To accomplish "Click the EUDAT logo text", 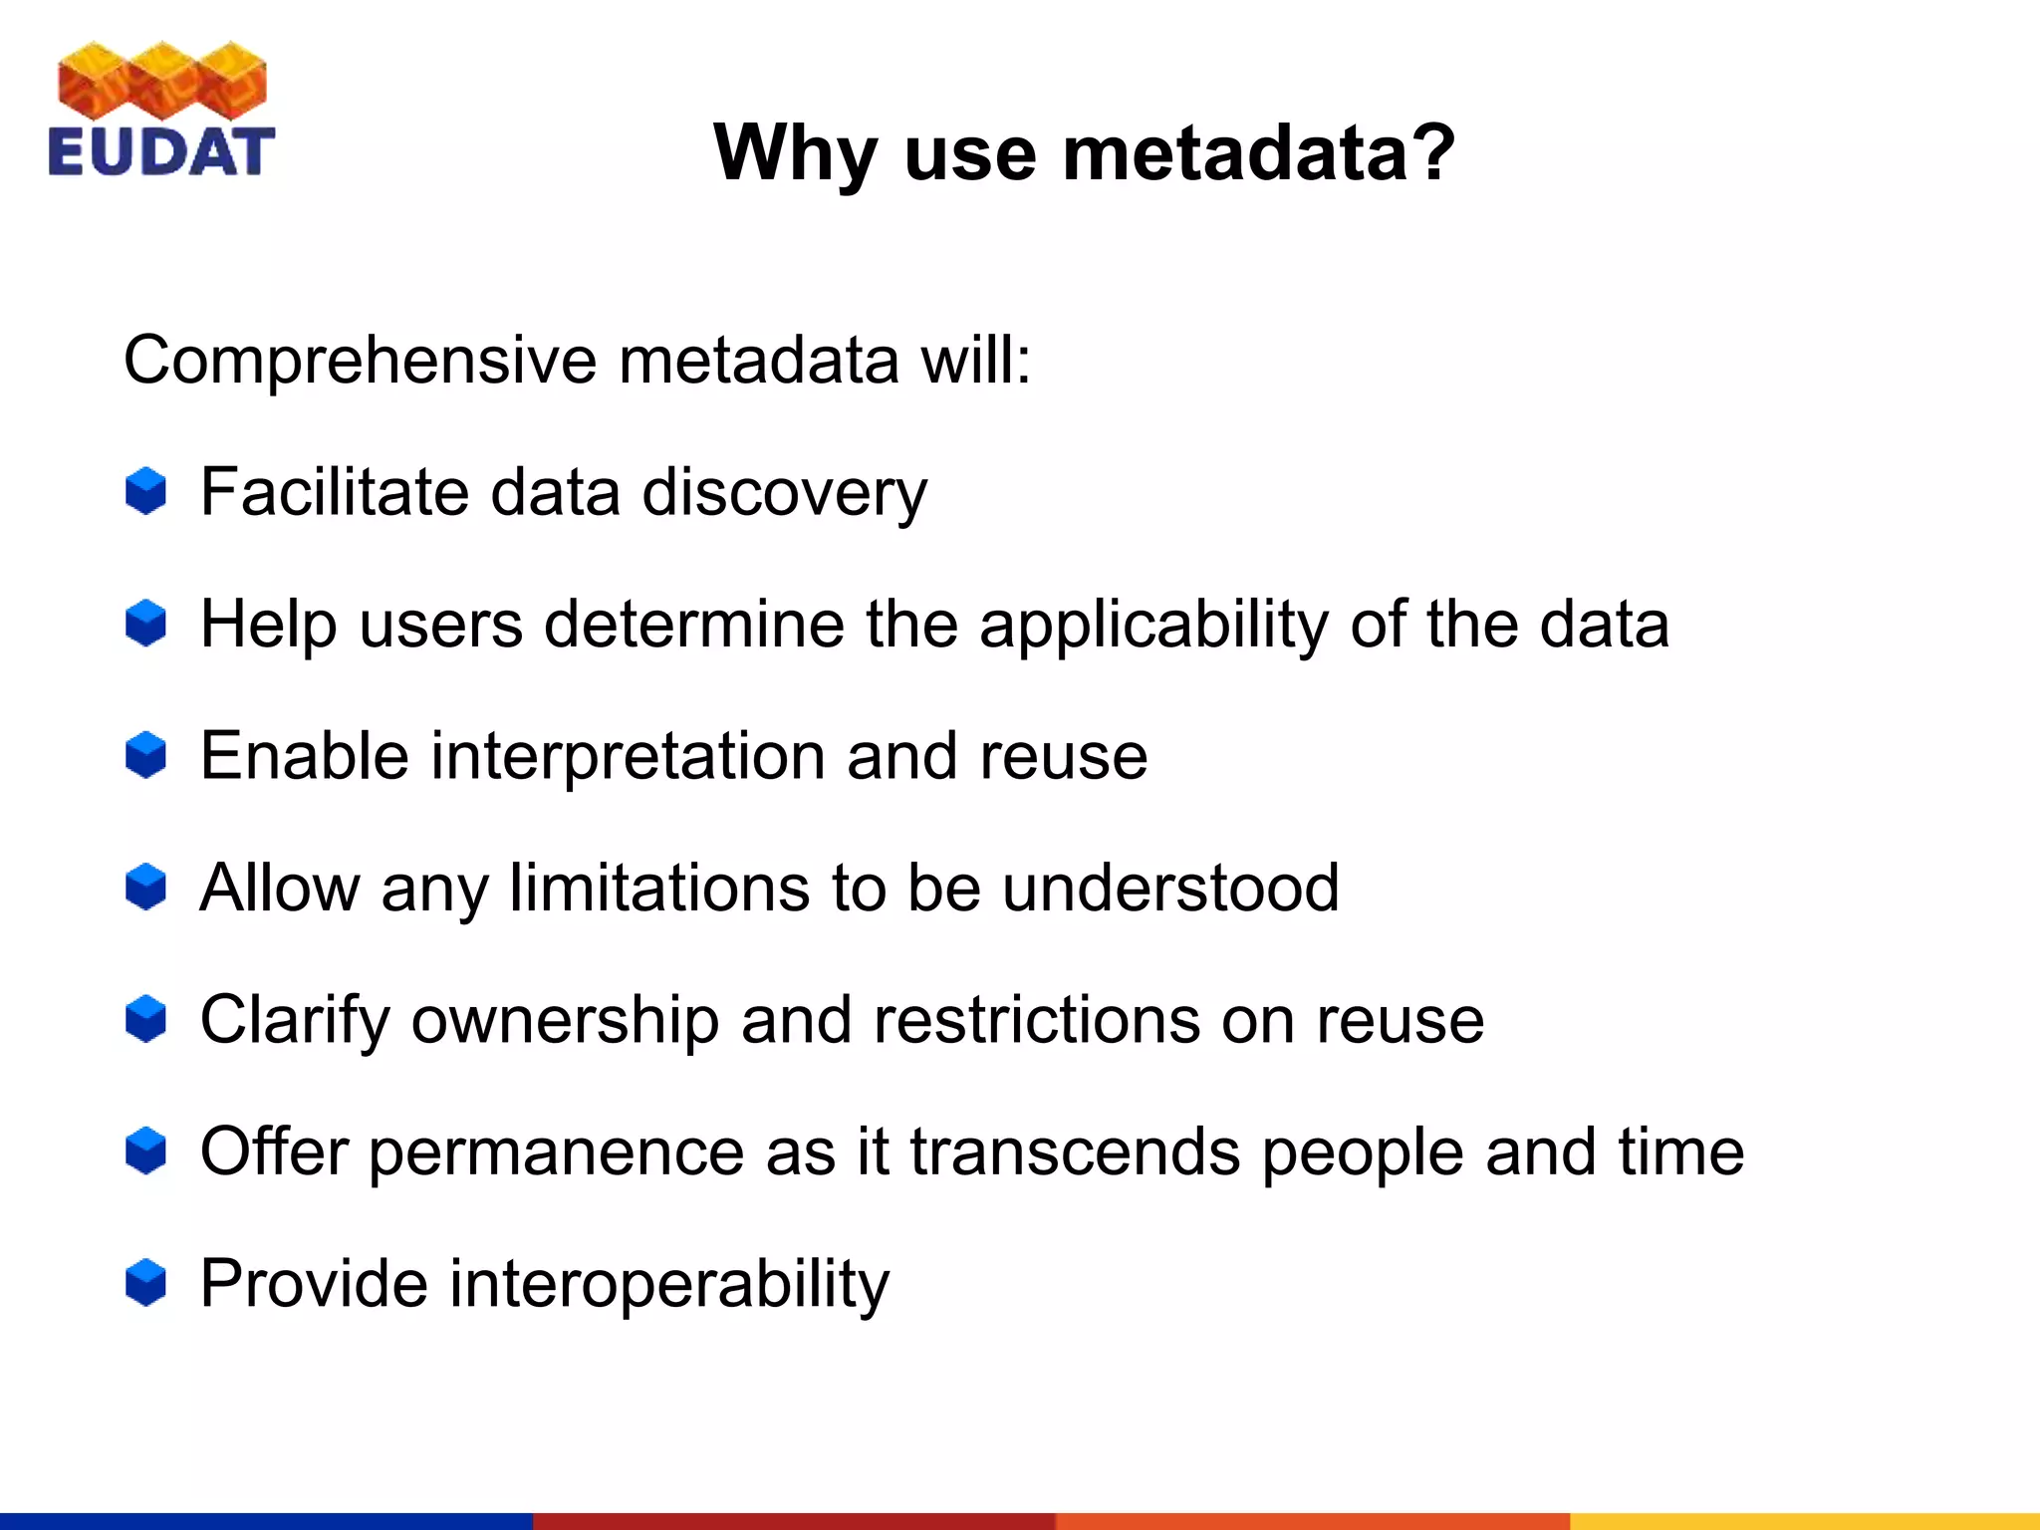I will point(160,152).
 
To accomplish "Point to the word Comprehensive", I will point(359,361).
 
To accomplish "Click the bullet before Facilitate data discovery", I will point(145,491).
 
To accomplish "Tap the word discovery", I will point(785,492).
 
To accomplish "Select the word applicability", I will point(1153,626).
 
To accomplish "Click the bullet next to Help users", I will point(145,624).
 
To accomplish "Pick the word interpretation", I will point(628,757).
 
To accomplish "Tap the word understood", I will point(1170,888).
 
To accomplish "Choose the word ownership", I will point(565,1021).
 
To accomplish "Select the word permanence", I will point(557,1153).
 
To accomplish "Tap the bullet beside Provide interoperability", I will point(145,1283).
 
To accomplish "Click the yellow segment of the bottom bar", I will point(1804,1521).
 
